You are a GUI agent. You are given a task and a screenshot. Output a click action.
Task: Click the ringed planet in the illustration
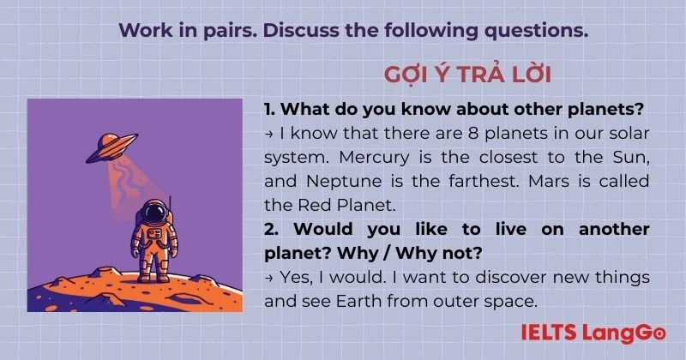point(112,147)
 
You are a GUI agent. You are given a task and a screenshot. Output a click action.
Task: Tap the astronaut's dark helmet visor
point(155,213)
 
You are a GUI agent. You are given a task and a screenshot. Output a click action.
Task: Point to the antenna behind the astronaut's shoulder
point(170,207)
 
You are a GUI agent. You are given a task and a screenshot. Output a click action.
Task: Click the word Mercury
point(374,158)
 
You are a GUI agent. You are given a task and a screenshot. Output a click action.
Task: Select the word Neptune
point(344,181)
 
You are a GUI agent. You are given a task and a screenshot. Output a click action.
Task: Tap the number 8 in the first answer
point(473,134)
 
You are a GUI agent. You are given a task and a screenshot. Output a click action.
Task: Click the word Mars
point(549,181)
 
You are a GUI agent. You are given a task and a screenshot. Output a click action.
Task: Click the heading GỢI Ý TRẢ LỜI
point(467,75)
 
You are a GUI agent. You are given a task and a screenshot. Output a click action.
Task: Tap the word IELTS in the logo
point(548,333)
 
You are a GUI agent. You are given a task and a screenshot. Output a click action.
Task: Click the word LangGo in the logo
point(624,333)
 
